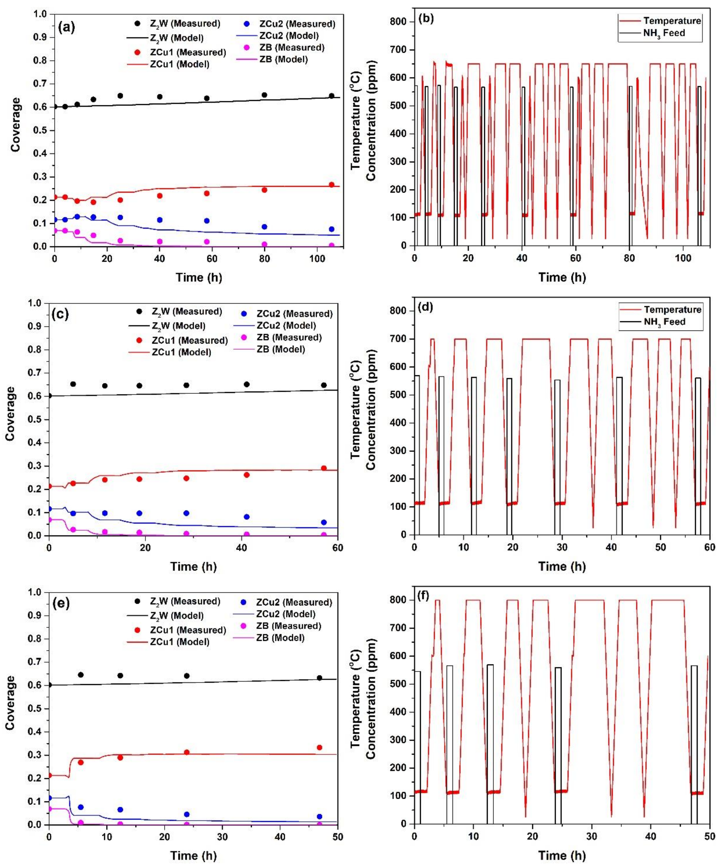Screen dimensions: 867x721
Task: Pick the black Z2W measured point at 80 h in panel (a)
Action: pos(264,95)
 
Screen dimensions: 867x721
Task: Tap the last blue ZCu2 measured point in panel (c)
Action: pos(324,522)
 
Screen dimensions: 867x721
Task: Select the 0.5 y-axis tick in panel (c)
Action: pos(35,420)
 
